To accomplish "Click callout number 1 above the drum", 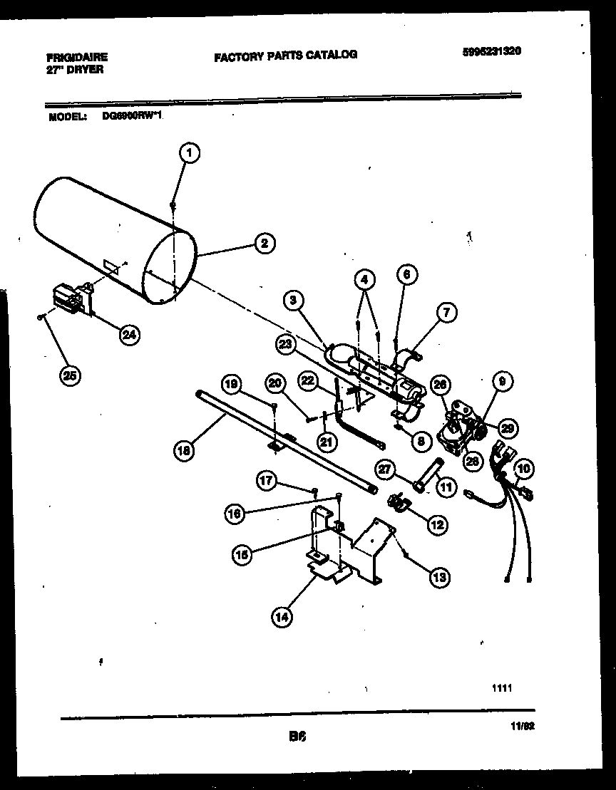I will tap(188, 152).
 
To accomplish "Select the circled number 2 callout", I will tap(263, 244).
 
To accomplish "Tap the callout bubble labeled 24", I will tap(129, 335).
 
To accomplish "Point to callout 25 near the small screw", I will tap(69, 376).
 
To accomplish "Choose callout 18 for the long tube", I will tap(184, 449).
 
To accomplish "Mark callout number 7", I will tap(448, 313).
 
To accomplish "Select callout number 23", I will tap(285, 344).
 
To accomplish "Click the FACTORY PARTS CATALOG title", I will tap(285, 55).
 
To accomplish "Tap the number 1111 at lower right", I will tap(502, 688).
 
